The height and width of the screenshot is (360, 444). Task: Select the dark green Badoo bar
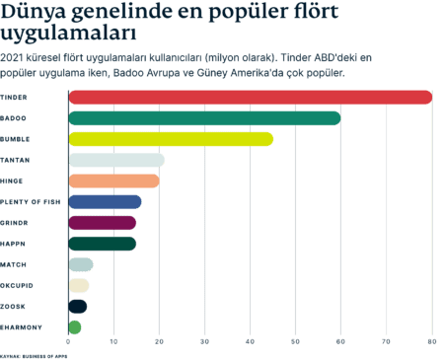tap(205, 118)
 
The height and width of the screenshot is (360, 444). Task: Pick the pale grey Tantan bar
tap(116, 160)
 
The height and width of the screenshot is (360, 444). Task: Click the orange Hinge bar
tap(114, 180)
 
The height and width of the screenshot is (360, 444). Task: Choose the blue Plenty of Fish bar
tap(106, 202)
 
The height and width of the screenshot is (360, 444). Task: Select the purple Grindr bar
tap(103, 223)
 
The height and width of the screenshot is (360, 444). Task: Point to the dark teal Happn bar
tap(103, 244)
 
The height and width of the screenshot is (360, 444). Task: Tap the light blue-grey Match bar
tap(81, 264)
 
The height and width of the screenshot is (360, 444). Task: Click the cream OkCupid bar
tap(80, 285)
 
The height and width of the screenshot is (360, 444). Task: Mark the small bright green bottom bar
tap(75, 326)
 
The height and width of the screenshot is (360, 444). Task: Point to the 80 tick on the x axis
tap(431, 341)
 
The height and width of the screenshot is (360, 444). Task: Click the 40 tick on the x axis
tap(250, 341)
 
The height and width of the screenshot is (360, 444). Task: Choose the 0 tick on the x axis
tap(68, 341)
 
